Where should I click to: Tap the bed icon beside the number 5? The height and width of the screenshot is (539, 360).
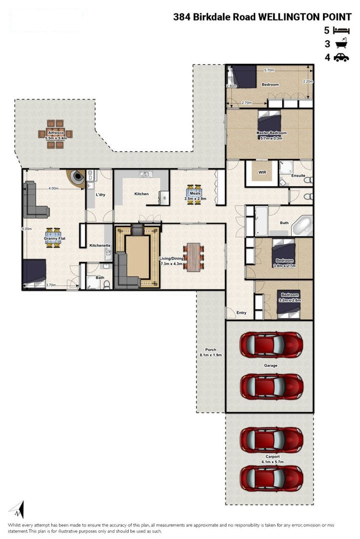click(x=342, y=30)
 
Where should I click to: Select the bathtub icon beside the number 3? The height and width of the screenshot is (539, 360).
click(x=341, y=43)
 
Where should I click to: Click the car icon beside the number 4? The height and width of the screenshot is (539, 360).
click(x=341, y=57)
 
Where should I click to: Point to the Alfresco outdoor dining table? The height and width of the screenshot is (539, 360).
click(x=55, y=134)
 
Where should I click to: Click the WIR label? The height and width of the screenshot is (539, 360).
click(x=262, y=173)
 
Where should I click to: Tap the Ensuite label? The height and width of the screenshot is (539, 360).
click(x=298, y=175)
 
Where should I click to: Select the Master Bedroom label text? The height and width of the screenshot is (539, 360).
click(x=271, y=133)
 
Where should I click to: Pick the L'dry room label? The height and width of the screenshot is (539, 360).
click(x=100, y=195)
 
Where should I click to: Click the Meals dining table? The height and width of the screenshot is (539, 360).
click(x=195, y=195)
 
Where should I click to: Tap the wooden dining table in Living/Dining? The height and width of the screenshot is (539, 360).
click(x=194, y=257)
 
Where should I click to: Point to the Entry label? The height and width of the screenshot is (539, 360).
click(x=241, y=313)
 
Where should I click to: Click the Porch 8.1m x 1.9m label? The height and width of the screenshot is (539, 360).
click(x=211, y=352)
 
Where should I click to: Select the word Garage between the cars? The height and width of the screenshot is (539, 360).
click(x=271, y=365)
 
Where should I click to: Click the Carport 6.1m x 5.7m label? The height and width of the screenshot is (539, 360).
click(x=272, y=459)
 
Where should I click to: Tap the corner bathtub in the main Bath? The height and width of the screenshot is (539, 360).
click(x=302, y=226)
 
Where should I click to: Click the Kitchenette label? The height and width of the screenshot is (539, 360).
click(x=100, y=246)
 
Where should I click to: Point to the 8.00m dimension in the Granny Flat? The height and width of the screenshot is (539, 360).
click(x=26, y=229)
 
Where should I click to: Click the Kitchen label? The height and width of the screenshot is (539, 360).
click(x=141, y=194)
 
